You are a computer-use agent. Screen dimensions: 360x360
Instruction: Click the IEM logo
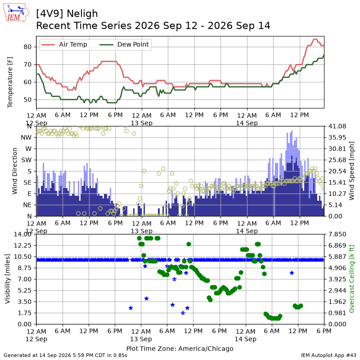[16, 13]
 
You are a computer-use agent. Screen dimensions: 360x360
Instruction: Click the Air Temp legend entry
[64, 44]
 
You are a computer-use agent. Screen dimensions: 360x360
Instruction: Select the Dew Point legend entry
[124, 44]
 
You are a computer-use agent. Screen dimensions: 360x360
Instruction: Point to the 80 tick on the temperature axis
[27, 47]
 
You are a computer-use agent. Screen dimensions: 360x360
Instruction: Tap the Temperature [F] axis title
[10, 82]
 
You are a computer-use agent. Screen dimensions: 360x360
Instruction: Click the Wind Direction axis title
[15, 171]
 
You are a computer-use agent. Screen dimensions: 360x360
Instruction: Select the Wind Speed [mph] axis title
[351, 171]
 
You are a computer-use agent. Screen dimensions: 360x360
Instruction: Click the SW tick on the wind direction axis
[26, 160]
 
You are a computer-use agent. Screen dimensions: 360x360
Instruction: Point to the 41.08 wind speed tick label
[337, 126]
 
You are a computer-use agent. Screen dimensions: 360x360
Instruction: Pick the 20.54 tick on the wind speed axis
[337, 171]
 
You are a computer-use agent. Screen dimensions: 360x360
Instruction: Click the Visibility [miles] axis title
[8, 279]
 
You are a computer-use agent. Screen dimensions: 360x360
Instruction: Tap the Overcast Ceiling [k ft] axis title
[351, 279]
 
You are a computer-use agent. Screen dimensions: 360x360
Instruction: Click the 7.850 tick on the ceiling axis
[337, 234]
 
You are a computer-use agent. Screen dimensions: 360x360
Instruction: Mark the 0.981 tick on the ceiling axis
[337, 313]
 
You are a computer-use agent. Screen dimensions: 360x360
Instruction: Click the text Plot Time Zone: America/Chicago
[180, 348]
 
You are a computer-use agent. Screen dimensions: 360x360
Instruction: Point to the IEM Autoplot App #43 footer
[328, 355]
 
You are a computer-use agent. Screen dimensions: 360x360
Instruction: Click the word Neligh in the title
[82, 14]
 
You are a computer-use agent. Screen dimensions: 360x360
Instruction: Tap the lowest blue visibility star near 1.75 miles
[183, 313]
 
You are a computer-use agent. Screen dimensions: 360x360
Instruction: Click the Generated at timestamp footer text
[65, 355]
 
